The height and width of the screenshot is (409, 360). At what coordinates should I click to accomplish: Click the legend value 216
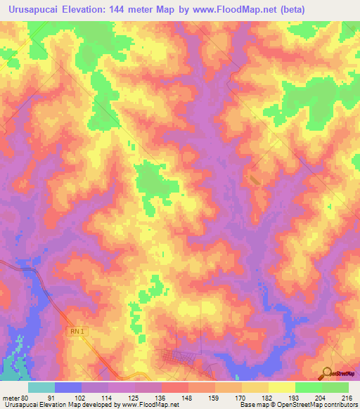point(346,397)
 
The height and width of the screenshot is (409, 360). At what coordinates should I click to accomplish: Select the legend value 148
point(188,397)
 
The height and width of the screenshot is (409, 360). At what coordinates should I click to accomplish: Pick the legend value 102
point(82,397)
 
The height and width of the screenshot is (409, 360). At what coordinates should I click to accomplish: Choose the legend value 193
point(294,397)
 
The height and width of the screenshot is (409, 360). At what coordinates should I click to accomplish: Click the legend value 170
point(240,397)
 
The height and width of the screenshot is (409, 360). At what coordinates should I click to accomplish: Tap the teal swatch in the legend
point(41,387)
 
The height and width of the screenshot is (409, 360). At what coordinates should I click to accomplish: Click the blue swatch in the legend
point(68,387)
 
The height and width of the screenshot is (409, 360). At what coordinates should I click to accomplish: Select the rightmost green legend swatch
point(335,387)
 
